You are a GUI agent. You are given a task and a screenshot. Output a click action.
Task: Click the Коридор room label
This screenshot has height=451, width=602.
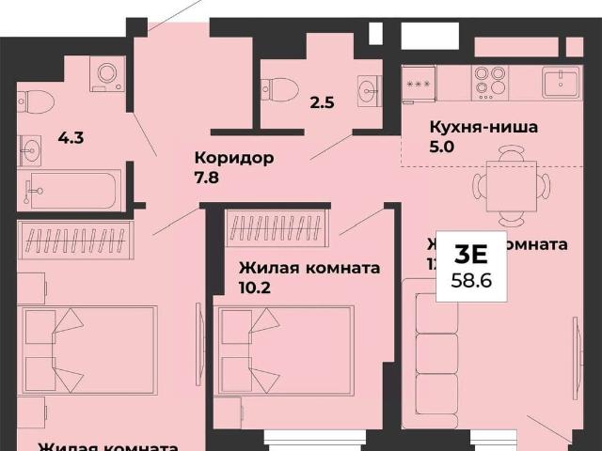pos(233,157)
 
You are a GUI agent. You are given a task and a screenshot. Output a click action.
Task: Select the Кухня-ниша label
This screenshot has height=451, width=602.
pos(483,127)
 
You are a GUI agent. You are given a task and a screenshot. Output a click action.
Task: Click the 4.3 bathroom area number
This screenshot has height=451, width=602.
pos(71,138)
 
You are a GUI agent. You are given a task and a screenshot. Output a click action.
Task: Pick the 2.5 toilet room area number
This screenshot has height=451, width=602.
pos(322,102)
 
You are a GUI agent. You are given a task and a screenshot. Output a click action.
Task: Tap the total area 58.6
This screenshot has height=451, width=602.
pos(470,280)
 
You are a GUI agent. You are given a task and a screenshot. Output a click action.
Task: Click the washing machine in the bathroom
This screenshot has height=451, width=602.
pos(106,74)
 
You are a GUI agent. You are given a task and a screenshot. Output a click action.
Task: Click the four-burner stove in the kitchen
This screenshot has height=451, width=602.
pos(489,83)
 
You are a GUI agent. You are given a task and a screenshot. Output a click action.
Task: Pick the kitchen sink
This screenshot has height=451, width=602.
pos(562,82)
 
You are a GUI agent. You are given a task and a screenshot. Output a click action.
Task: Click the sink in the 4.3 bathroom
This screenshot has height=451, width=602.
pos(30,148)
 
